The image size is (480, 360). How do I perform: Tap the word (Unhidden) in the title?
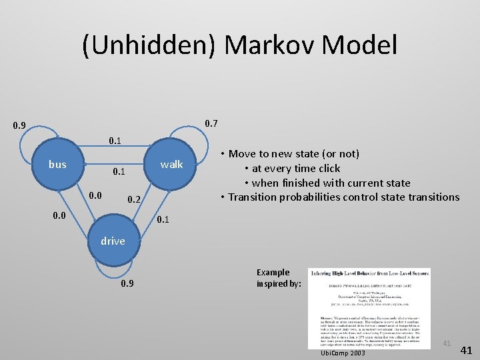click(151, 45)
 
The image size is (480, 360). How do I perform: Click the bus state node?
click(58, 165)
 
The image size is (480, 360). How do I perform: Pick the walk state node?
click(171, 165)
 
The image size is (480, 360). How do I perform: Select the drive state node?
click(113, 241)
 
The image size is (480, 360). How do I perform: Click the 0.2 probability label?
click(134, 200)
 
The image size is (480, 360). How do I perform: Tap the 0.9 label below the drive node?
click(127, 283)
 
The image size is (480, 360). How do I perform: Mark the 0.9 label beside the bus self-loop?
click(19, 125)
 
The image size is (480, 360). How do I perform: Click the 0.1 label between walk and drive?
click(163, 220)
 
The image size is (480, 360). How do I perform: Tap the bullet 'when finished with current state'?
click(330, 183)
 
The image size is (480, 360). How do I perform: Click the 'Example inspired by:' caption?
click(279, 278)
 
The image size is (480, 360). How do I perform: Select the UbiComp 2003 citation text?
click(343, 352)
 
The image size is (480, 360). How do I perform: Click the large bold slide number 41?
click(467, 350)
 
